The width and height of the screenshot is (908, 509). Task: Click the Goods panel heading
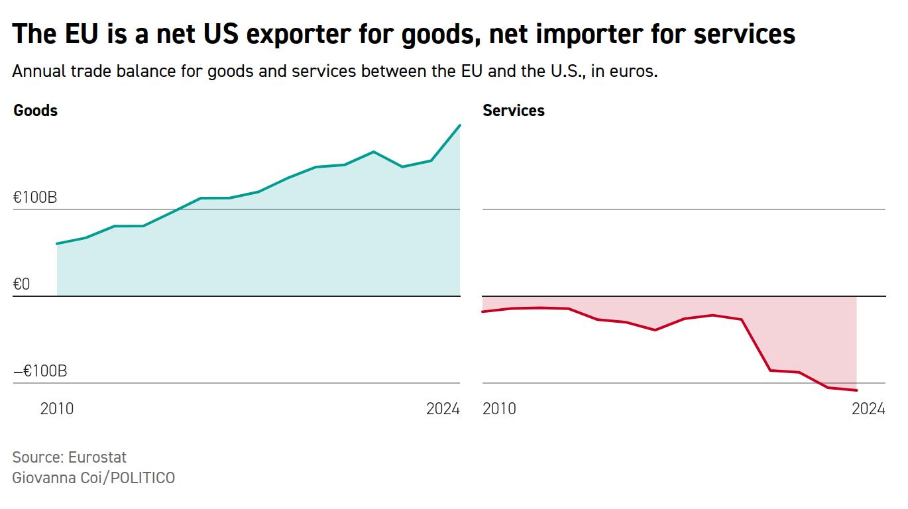pyautogui.click(x=35, y=111)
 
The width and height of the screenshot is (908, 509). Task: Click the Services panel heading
pyautogui.click(x=513, y=111)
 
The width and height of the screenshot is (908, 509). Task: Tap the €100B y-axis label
pyautogui.click(x=34, y=198)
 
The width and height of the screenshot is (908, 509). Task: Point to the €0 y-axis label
pyautogui.click(x=22, y=284)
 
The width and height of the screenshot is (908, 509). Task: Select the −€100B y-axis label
pyautogui.click(x=40, y=371)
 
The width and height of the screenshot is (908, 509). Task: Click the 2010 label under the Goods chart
pyautogui.click(x=57, y=409)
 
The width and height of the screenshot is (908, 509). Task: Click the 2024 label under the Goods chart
pyautogui.click(x=443, y=409)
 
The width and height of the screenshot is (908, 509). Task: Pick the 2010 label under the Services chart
pyautogui.click(x=499, y=409)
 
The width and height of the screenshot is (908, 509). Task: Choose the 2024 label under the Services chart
pyautogui.click(x=868, y=409)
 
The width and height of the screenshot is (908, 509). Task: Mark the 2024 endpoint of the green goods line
pyautogui.click(x=460, y=125)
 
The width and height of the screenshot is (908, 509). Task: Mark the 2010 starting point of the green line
pyautogui.click(x=57, y=244)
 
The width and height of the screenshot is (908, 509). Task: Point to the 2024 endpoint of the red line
pyautogui.click(x=857, y=390)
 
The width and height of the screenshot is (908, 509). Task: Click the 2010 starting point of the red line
pyautogui.click(x=483, y=311)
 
